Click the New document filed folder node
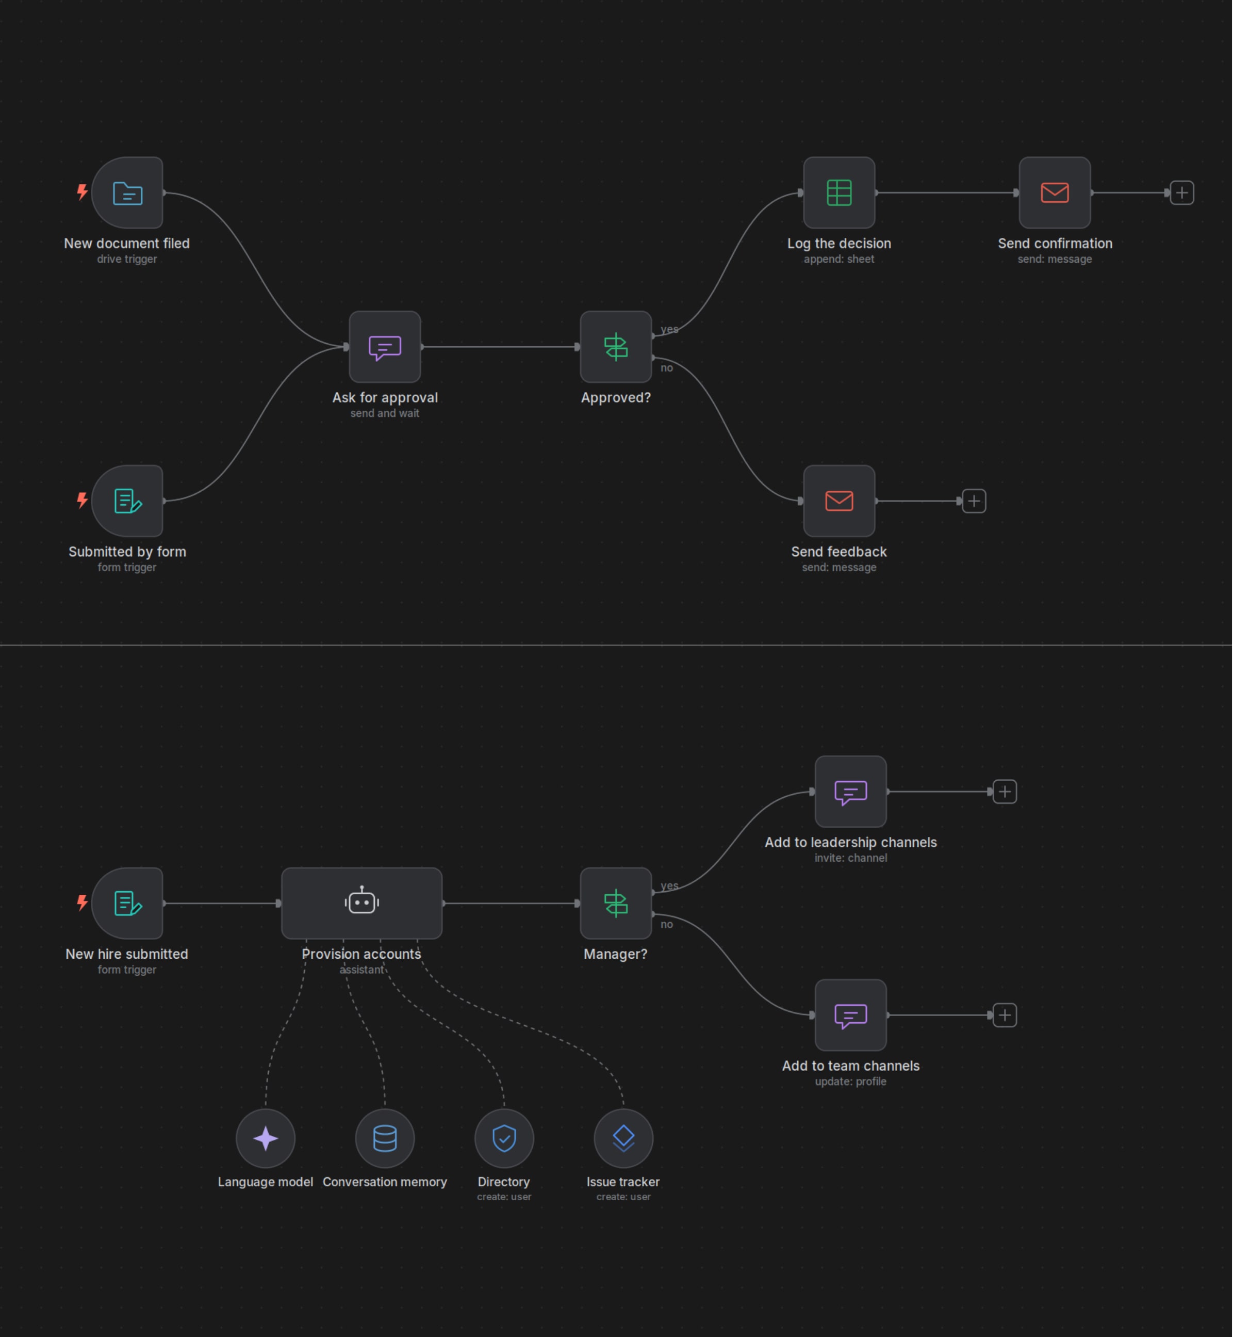click(x=127, y=193)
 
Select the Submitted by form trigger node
click(x=127, y=501)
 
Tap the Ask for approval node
click(x=385, y=346)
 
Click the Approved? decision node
click(x=616, y=346)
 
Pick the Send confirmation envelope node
click(x=1055, y=193)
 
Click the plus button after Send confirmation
click(x=1181, y=193)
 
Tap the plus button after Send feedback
click(x=974, y=501)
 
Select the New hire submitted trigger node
click(x=127, y=903)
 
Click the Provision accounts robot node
click(x=361, y=903)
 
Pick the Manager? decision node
click(x=616, y=903)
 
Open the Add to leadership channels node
click(x=851, y=792)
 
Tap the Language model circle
click(x=266, y=1138)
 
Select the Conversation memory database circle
click(x=385, y=1138)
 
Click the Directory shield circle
click(x=504, y=1138)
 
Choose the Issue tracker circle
click(x=623, y=1138)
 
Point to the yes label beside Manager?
click(x=669, y=886)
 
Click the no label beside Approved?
click(x=667, y=368)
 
